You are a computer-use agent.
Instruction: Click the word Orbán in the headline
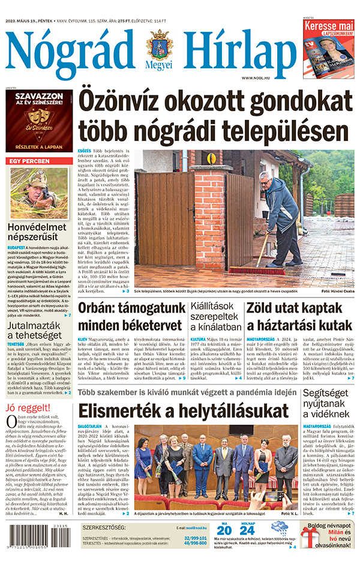pos(99,308)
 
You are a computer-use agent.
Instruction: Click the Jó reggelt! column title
pos(26,408)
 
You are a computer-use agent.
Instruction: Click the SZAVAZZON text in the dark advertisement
pos(39,97)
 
